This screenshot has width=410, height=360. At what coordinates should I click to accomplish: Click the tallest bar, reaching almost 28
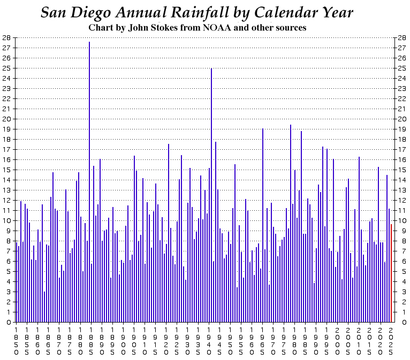point(89,182)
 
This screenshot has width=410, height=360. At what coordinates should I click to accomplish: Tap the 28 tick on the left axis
point(6,38)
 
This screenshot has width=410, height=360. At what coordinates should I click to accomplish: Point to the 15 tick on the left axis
point(6,170)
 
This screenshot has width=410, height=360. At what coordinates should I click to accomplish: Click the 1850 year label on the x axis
point(16,340)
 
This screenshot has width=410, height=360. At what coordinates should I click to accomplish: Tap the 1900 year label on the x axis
point(123,340)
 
